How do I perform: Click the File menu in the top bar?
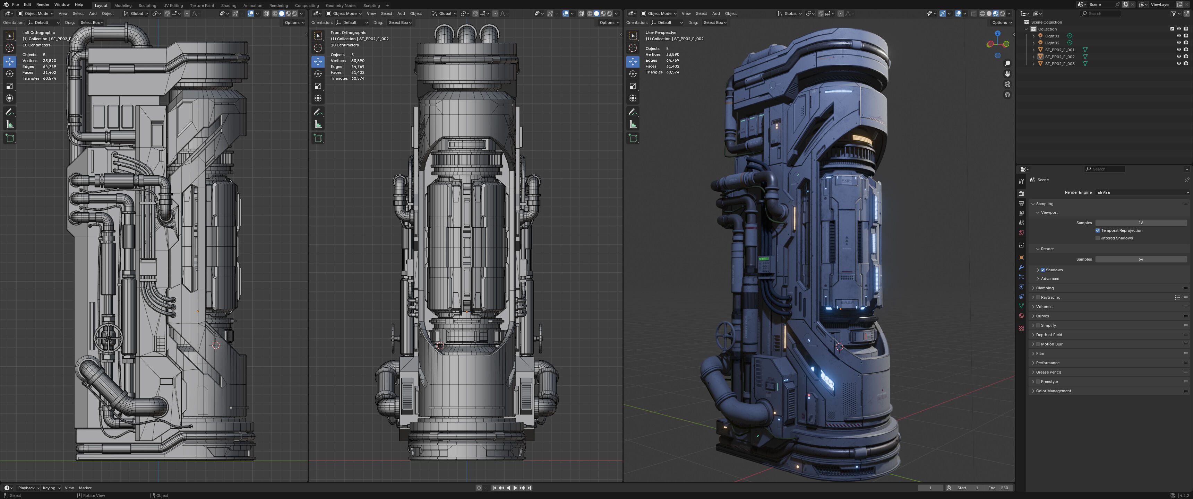click(x=15, y=5)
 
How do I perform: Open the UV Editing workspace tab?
click(x=173, y=6)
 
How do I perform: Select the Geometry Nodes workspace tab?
click(x=341, y=6)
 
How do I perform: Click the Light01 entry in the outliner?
click(x=1052, y=36)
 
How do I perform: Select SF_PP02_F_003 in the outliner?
click(x=1059, y=64)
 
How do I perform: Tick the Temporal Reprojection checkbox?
click(x=1098, y=230)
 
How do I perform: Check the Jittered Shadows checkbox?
click(x=1098, y=238)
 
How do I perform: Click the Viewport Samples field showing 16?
click(x=1140, y=223)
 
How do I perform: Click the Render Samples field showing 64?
click(x=1140, y=260)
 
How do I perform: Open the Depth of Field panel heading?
click(x=1049, y=335)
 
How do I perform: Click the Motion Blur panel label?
click(x=1051, y=344)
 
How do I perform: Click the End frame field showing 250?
click(x=998, y=488)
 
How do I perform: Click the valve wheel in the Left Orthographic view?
click(x=108, y=338)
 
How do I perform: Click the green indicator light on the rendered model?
click(x=763, y=259)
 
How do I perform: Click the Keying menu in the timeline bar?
click(x=49, y=488)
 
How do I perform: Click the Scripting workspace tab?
click(x=371, y=6)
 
